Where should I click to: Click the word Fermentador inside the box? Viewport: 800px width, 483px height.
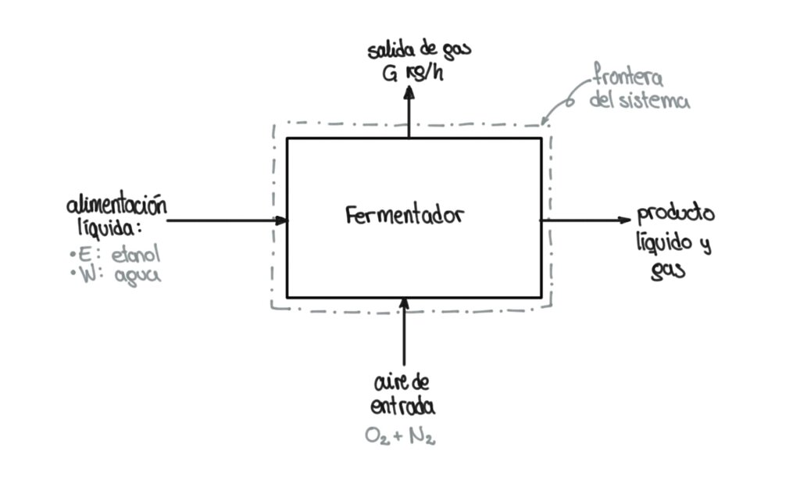click(x=405, y=216)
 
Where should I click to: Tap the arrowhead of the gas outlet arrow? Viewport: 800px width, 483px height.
click(x=409, y=92)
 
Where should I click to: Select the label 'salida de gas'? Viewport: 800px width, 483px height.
click(x=420, y=50)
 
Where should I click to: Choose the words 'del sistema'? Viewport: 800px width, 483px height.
click(x=639, y=99)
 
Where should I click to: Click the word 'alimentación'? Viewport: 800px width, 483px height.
click(x=117, y=205)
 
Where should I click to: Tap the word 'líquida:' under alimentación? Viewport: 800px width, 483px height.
click(x=109, y=227)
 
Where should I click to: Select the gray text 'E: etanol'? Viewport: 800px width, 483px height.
click(x=116, y=254)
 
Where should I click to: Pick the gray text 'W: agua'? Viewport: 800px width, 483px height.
click(x=116, y=274)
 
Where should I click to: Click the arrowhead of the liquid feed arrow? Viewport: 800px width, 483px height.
click(x=281, y=220)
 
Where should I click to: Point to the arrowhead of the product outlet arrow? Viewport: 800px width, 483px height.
click(x=624, y=220)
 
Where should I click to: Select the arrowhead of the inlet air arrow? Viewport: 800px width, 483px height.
click(x=404, y=304)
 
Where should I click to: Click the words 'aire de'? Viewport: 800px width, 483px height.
click(x=402, y=382)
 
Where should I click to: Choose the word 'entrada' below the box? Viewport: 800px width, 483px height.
click(x=402, y=406)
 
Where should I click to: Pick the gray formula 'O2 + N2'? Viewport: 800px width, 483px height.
click(x=400, y=436)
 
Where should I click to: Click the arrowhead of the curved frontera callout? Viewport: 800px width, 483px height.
click(x=545, y=120)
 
